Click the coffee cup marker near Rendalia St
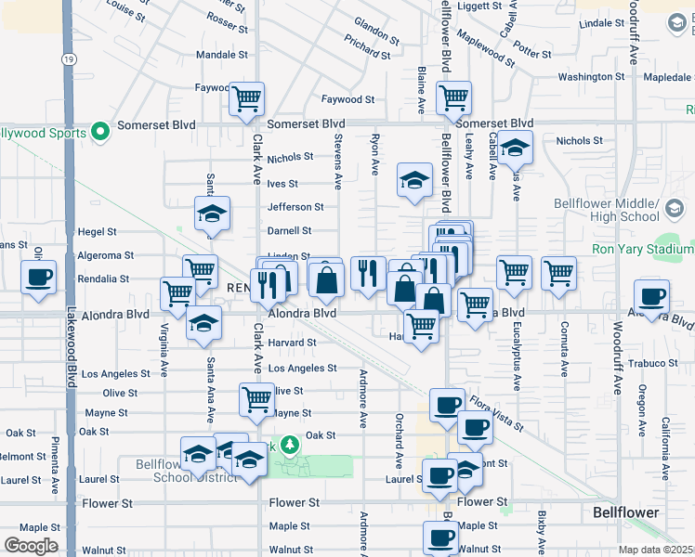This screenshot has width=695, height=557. pos(38,277)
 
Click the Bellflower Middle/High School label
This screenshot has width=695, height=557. pos(645,210)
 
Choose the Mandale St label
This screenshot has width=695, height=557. pos(222,55)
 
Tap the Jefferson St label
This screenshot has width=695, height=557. pos(295,207)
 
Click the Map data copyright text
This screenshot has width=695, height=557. pos(656,550)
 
